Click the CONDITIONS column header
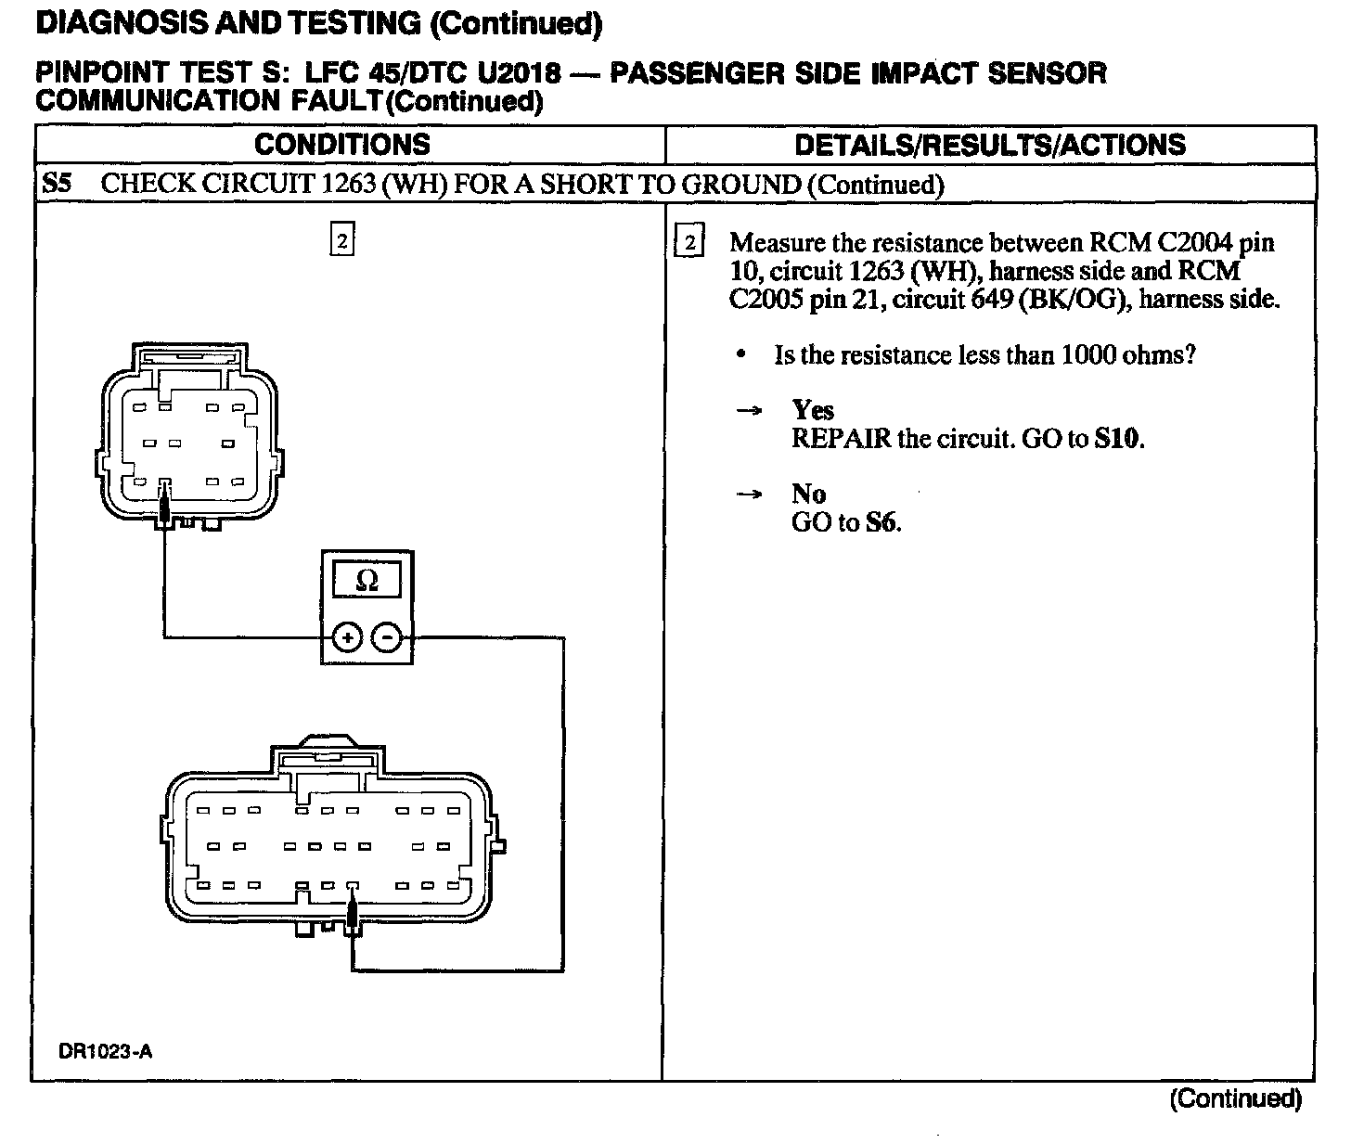(x=341, y=145)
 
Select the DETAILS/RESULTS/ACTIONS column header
(x=990, y=145)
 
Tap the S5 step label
(x=57, y=183)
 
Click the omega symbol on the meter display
(x=367, y=581)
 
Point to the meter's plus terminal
(x=347, y=637)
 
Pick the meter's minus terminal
(x=388, y=637)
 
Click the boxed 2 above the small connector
(x=341, y=241)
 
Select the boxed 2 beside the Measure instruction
(x=689, y=243)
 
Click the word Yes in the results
(x=813, y=410)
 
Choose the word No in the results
(x=808, y=494)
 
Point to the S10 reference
(x=1117, y=438)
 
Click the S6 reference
(x=881, y=522)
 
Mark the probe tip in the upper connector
(x=164, y=507)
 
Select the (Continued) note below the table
(x=1235, y=1100)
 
